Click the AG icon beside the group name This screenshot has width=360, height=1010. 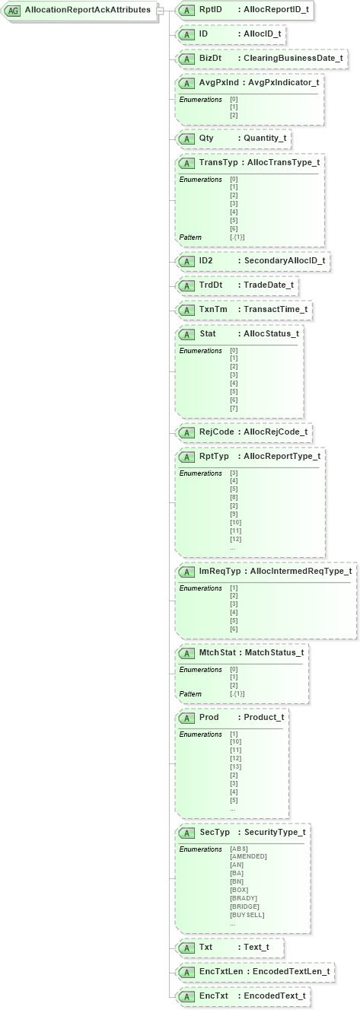pyautogui.click(x=14, y=11)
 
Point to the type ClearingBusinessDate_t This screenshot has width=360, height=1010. pyautogui.click(x=293, y=58)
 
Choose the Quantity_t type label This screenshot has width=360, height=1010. pyautogui.click(x=265, y=139)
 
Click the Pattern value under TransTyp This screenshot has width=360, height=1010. pyautogui.click(x=237, y=237)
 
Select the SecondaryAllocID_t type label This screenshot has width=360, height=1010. pyautogui.click(x=284, y=261)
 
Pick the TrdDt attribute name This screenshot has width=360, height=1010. pyautogui.click(x=211, y=285)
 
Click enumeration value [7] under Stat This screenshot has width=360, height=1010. pyautogui.click(x=234, y=409)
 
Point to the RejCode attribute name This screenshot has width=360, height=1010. pyautogui.click(x=216, y=432)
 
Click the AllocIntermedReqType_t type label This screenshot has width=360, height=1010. pyautogui.click(x=301, y=571)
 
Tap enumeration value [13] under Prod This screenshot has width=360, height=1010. pyautogui.click(x=236, y=767)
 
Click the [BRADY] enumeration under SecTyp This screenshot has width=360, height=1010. pyautogui.click(x=243, y=898)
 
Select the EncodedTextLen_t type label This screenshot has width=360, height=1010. pyautogui.click(x=290, y=972)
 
